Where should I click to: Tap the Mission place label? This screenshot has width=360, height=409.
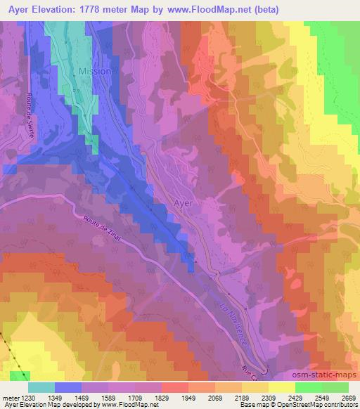(94, 72)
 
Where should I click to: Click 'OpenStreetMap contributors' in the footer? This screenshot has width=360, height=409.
(319, 405)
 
